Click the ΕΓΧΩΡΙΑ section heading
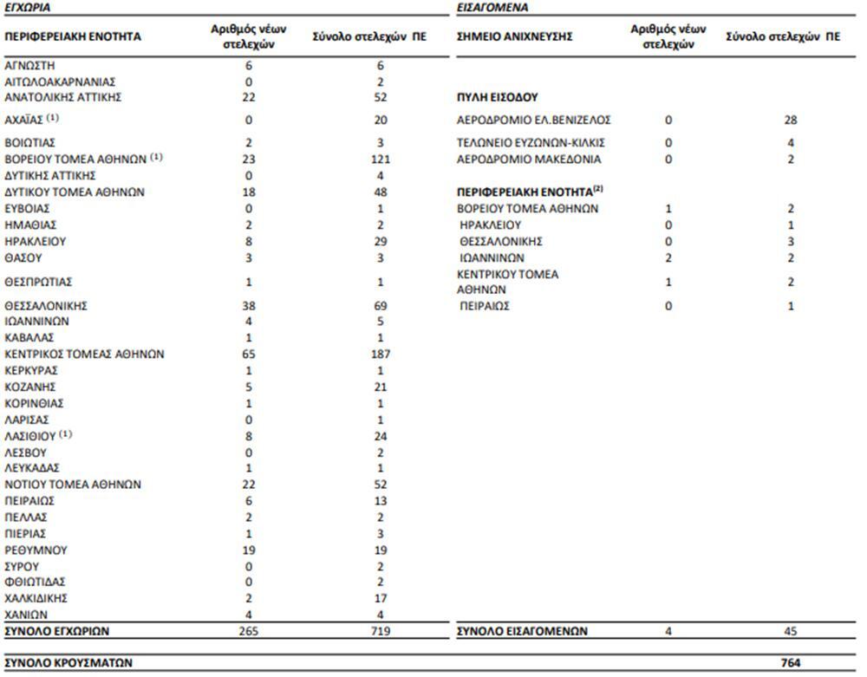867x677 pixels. click(x=27, y=7)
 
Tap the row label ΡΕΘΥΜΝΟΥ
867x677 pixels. click(x=36, y=550)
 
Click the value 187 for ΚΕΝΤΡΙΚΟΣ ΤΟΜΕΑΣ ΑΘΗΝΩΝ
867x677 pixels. click(x=379, y=355)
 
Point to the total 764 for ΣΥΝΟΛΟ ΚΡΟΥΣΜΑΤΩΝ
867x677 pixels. click(x=790, y=663)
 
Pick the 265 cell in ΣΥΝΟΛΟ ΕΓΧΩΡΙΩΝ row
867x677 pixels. click(x=249, y=631)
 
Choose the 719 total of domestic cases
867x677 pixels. click(x=379, y=631)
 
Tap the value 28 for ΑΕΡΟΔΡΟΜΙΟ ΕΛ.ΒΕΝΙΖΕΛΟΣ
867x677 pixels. click(x=790, y=120)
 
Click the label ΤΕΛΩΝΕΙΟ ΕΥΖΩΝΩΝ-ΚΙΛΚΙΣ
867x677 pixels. click(x=530, y=143)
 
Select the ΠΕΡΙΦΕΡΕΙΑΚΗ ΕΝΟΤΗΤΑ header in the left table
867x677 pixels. click(x=73, y=37)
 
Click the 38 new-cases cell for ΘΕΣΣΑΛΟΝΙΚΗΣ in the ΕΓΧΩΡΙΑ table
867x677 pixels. click(x=249, y=306)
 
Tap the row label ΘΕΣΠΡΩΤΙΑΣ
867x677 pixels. click(x=38, y=282)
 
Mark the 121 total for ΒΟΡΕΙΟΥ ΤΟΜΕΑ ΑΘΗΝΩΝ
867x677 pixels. click(x=379, y=159)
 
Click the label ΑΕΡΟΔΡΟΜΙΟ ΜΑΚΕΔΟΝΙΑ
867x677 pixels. click(x=528, y=159)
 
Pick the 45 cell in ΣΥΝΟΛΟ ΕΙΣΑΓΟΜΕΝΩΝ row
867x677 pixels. click(x=790, y=631)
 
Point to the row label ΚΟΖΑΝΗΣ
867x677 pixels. click(x=31, y=387)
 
